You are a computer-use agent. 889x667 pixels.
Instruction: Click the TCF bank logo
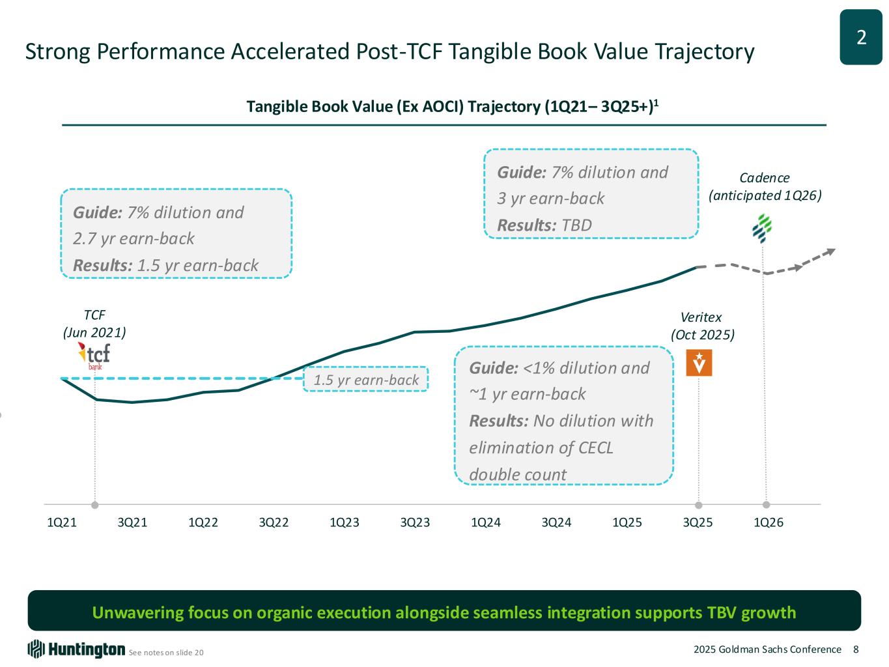[94, 356]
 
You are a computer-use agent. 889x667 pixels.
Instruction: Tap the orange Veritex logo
[699, 363]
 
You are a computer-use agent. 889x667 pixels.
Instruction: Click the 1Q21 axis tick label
[62, 522]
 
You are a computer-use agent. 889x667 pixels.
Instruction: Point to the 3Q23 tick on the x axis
[415, 522]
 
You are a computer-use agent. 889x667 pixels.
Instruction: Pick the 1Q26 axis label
[769, 522]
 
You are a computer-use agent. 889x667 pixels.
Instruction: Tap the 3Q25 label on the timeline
[698, 522]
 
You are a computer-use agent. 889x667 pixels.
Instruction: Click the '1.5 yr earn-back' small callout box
[366, 380]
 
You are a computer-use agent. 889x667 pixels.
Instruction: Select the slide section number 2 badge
[860, 38]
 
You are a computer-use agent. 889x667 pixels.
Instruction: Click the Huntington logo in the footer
[76, 649]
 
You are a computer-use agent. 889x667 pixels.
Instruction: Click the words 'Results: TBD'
[544, 225]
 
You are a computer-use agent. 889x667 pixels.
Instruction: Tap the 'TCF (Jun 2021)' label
[94, 324]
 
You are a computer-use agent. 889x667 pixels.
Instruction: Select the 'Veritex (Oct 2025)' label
[702, 326]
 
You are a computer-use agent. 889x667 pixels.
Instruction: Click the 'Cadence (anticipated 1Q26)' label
[765, 186]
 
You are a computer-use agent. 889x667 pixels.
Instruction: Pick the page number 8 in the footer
[856, 649]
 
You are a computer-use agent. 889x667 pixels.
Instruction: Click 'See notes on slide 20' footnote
[166, 652]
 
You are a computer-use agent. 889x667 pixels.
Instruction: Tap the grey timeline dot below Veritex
[699, 505]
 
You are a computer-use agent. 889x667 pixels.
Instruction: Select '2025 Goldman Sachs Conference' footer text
[767, 649]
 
